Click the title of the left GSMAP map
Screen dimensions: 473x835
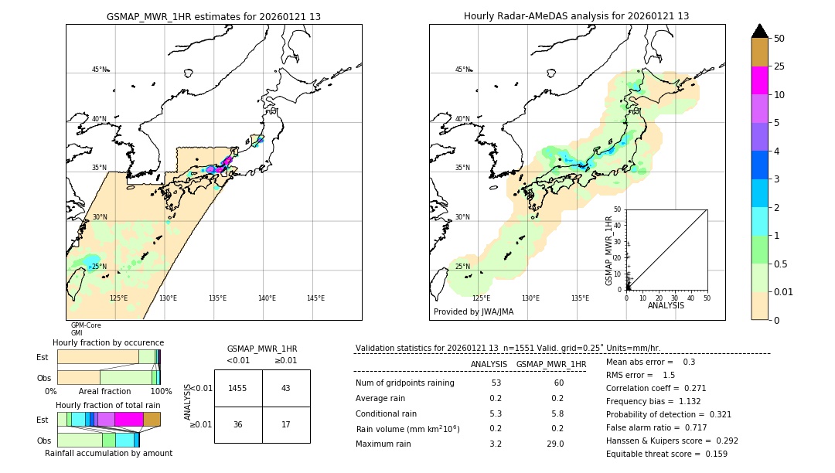click(213, 16)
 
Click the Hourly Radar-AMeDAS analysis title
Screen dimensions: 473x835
click(576, 16)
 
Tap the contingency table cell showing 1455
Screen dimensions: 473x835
click(237, 388)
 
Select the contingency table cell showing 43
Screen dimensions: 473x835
click(285, 388)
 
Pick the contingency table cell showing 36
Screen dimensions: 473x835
click(237, 424)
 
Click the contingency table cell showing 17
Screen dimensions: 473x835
click(285, 424)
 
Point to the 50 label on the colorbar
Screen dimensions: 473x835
click(779, 39)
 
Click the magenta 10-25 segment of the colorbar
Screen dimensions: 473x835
click(759, 80)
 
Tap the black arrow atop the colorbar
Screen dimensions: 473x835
click(759, 31)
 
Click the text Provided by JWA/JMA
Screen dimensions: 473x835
click(473, 312)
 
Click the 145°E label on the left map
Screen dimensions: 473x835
click(315, 298)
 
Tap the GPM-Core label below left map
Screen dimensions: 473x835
click(86, 325)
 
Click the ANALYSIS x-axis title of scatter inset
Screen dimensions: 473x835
click(666, 305)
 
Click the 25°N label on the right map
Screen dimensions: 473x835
click(462, 267)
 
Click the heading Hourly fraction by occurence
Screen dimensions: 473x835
click(108, 342)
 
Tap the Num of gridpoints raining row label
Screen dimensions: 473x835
click(404, 383)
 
